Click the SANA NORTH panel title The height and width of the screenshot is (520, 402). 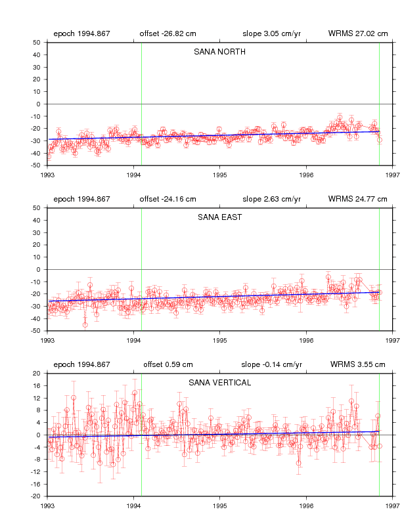pos(219,52)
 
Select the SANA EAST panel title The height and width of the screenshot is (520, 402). pos(219,217)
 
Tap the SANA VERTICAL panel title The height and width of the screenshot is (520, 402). pos(219,383)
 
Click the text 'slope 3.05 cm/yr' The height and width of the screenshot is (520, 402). pos(272,33)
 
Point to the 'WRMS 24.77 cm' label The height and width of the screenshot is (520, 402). pos(357,199)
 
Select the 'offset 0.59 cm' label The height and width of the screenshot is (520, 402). pos(168,364)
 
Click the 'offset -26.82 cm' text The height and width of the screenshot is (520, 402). pos(168,33)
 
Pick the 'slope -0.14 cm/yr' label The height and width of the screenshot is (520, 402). pos(272,364)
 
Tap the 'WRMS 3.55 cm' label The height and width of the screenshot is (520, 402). pos(357,364)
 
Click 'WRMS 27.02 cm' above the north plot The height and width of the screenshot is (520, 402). pos(358,33)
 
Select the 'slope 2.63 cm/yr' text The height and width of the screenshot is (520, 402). pos(272,199)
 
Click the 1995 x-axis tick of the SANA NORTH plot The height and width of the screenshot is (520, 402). pos(219,175)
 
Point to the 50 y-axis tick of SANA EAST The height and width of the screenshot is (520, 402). pos(37,208)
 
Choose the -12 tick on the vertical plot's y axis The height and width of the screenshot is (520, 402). pos(36,472)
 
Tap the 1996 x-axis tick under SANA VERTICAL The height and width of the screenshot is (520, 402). pos(306,506)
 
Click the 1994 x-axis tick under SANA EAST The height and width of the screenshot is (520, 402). pos(133,341)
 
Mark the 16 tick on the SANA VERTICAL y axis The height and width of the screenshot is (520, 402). pos(37,385)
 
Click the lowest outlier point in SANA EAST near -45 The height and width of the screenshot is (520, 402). pos(85,325)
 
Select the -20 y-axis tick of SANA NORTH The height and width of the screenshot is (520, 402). pos(36,129)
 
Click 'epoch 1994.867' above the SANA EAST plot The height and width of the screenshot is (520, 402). pos(81,199)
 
